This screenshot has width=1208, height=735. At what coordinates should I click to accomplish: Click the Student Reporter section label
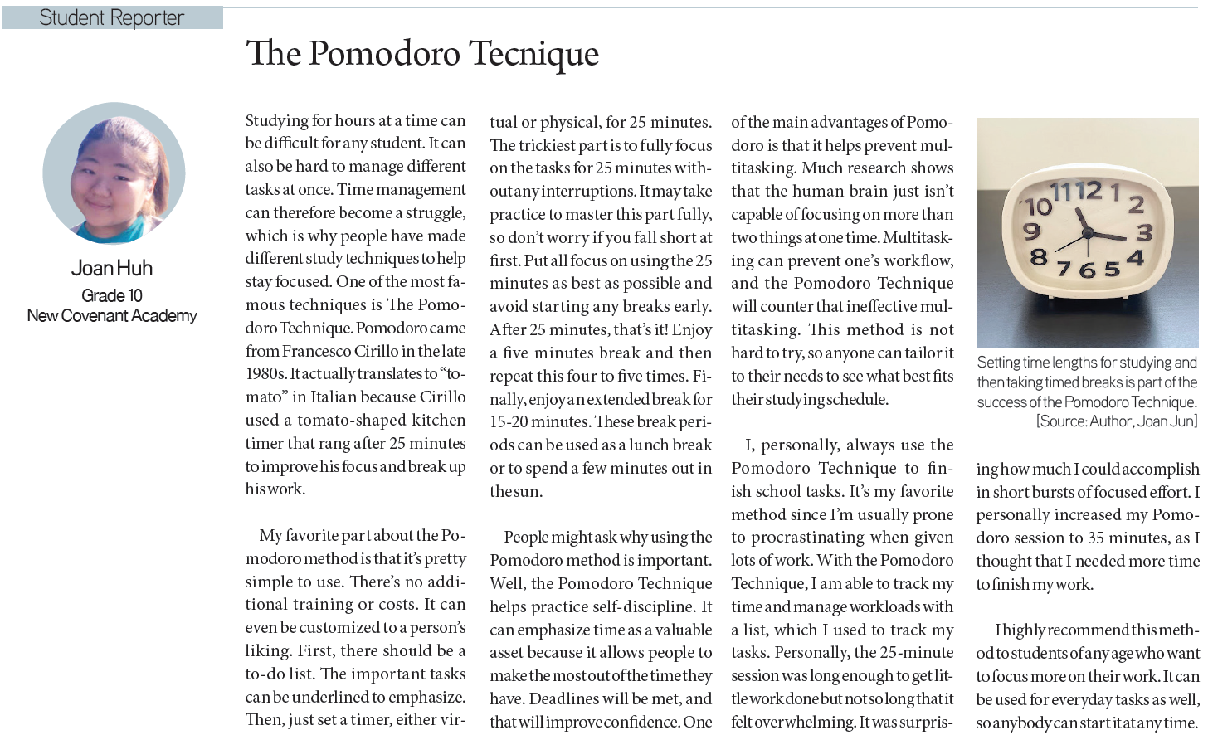coord(112,17)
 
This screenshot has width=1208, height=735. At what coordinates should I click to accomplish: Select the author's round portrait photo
coord(114,173)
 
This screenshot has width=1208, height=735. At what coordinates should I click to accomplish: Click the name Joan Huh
coord(112,268)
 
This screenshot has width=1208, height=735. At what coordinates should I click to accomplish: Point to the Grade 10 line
coord(112,295)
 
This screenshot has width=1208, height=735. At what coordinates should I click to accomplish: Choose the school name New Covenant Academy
coord(112,315)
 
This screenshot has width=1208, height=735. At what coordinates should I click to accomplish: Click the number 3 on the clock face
coord(1145,231)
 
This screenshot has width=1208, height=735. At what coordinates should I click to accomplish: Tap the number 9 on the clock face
coord(1031,231)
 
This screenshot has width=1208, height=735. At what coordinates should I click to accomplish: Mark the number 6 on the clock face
coord(1088,270)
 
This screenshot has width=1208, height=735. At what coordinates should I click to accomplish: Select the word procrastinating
coord(808,538)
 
